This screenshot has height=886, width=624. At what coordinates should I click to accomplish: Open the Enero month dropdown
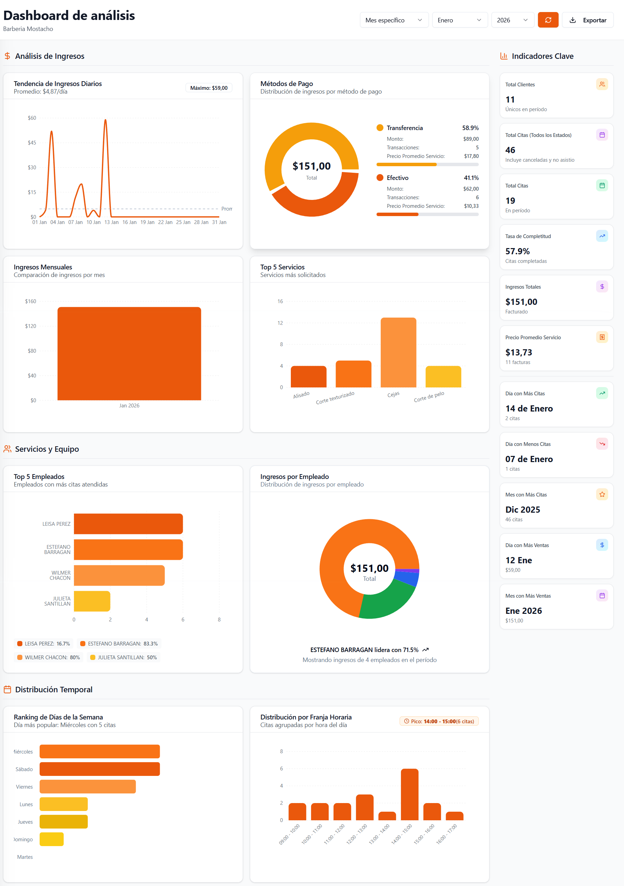459,20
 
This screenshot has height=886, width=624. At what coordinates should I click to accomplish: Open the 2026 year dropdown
512,20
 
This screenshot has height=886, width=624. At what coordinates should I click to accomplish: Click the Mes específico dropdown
394,20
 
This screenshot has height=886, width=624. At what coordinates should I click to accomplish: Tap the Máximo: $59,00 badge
209,88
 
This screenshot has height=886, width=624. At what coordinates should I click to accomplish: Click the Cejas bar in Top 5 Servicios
398,352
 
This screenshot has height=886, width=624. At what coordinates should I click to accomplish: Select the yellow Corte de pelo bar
443,377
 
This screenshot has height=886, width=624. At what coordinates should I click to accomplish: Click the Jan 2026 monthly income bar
129,353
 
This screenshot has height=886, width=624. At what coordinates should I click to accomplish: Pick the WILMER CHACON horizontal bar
119,575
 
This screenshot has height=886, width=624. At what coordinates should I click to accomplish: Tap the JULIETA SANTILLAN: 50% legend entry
124,657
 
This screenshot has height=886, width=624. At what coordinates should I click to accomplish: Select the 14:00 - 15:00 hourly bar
410,794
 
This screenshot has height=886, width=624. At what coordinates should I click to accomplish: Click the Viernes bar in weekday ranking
88,787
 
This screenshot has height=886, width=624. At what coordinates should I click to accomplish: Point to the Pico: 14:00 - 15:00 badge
439,721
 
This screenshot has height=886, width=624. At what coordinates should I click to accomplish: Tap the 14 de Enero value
529,408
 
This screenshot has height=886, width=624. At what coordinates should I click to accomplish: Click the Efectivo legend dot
380,178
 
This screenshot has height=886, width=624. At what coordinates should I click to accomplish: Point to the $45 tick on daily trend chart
32,143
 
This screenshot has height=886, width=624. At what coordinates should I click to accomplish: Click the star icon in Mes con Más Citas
602,494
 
